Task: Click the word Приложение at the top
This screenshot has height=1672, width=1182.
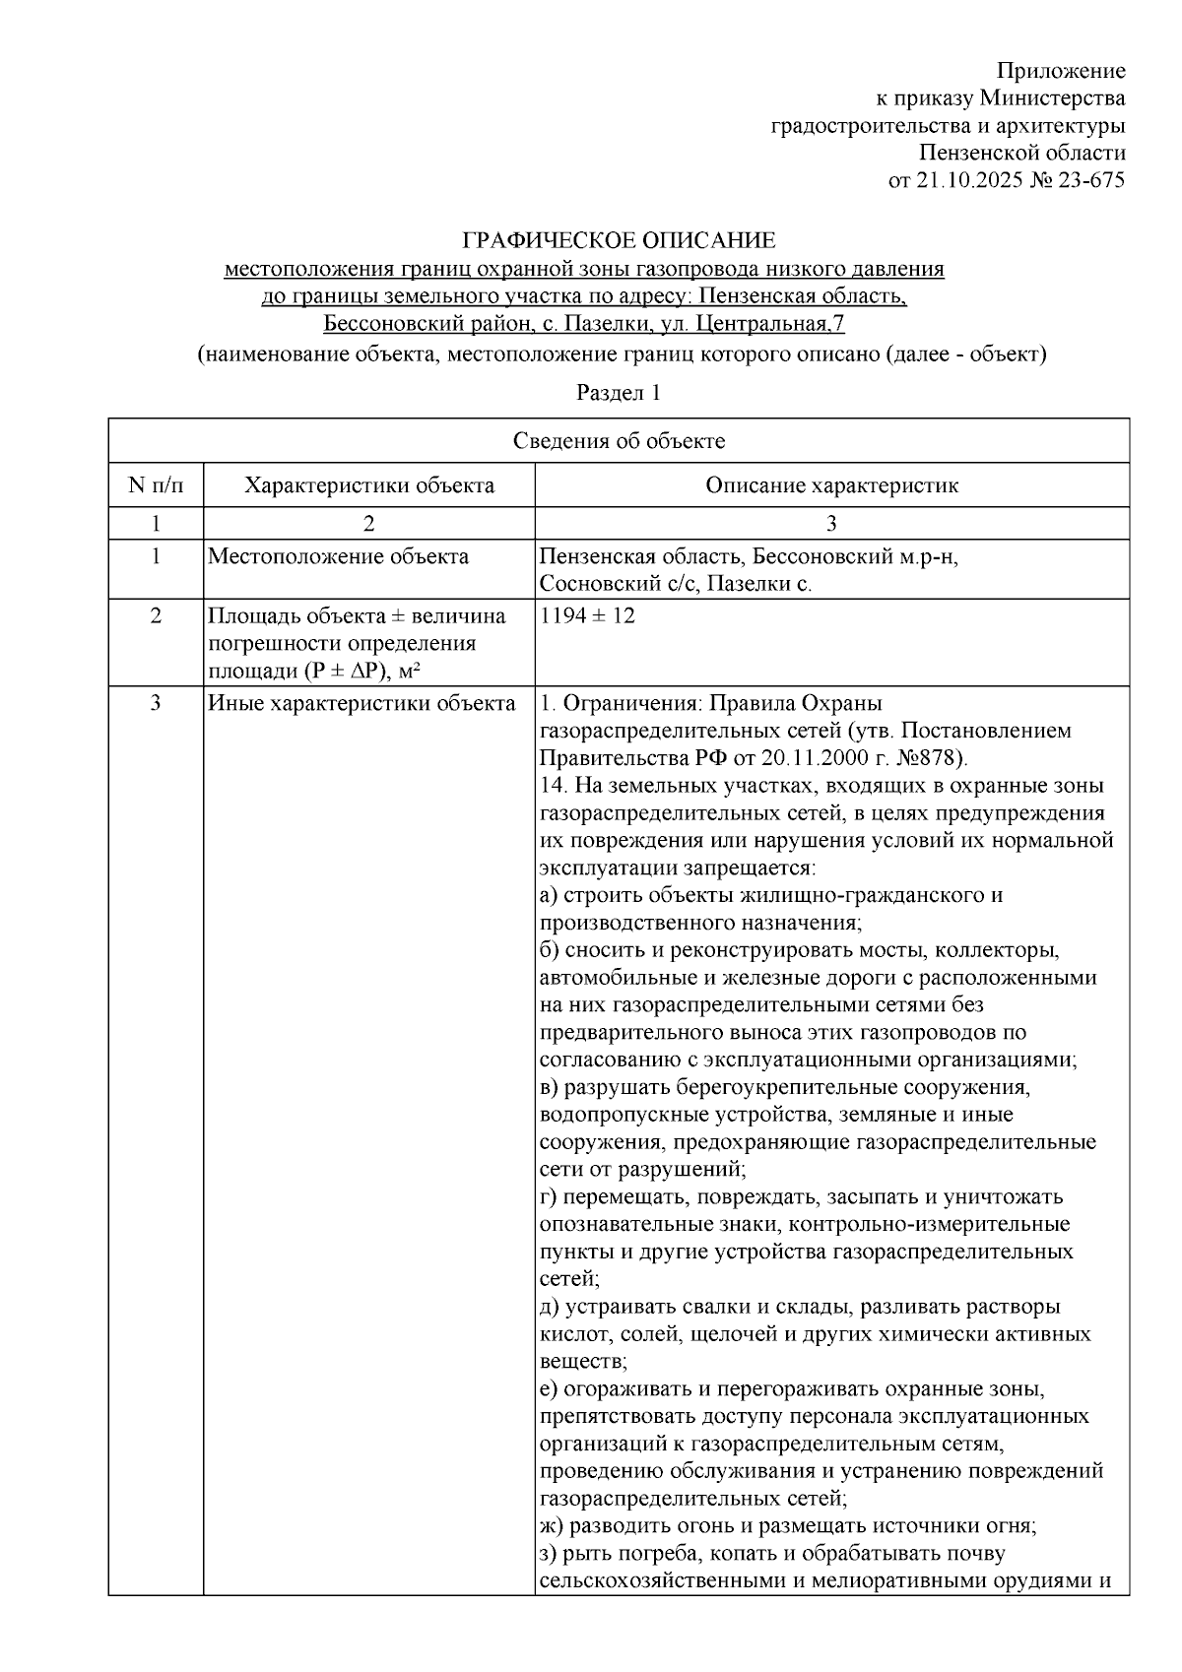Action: [1061, 71]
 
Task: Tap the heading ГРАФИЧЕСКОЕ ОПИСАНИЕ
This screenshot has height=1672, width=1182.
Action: [620, 241]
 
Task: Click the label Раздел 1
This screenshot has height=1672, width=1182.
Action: [618, 392]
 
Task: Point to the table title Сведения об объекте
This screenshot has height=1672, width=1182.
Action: [619, 441]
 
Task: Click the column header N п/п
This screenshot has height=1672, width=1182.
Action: [156, 485]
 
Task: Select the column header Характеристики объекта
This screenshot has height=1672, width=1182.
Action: [369, 485]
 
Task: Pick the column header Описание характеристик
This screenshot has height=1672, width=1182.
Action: [831, 485]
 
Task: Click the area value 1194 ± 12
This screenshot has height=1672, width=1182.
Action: [588, 616]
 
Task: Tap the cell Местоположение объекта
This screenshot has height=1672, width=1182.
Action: [338, 557]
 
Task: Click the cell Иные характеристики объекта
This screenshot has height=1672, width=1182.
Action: [361, 704]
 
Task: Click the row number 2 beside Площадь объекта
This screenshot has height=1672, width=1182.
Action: [156, 616]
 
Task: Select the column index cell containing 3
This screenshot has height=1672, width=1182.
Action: [831, 523]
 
